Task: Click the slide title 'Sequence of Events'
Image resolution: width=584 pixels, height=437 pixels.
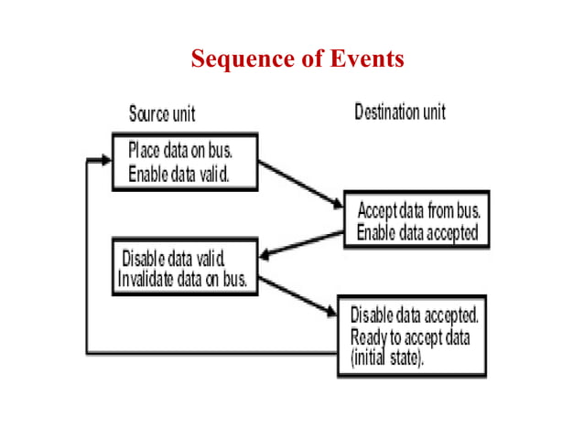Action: click(297, 60)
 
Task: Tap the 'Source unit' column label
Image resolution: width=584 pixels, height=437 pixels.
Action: click(162, 114)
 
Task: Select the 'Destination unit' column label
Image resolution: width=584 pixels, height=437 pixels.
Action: click(400, 112)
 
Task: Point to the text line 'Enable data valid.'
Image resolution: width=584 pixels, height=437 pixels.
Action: click(179, 173)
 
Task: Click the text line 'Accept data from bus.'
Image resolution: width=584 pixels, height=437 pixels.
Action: click(417, 208)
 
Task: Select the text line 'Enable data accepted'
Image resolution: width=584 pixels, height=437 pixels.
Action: click(417, 232)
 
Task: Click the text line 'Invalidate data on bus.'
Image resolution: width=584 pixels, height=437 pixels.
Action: click(184, 279)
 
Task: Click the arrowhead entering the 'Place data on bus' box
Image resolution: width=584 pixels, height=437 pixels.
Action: click(103, 162)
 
